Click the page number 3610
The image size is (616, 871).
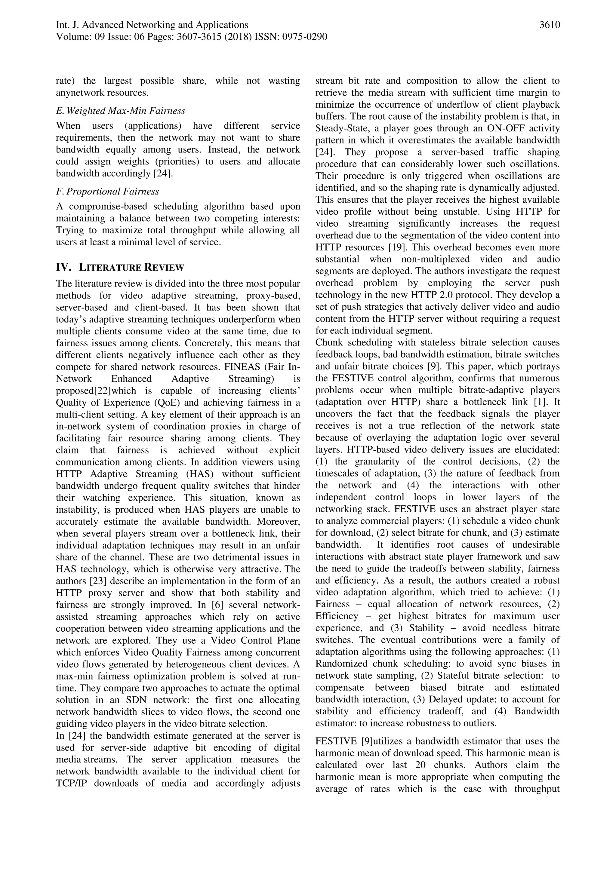[x=550, y=25]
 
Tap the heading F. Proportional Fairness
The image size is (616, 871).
[x=107, y=192]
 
